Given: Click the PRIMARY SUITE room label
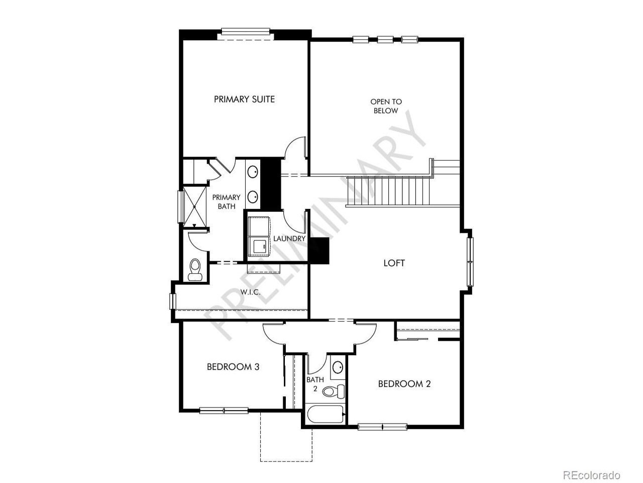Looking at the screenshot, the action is click(244, 99).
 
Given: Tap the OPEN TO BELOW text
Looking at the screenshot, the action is click(386, 106).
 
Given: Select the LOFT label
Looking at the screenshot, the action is click(394, 263).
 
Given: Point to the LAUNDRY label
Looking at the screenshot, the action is click(289, 238).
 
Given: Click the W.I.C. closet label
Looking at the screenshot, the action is click(250, 292).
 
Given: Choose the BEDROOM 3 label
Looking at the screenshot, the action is click(233, 367).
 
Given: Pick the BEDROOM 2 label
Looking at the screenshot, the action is click(404, 384).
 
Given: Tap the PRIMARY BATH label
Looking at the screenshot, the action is click(226, 202).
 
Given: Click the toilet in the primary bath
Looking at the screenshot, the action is click(195, 270).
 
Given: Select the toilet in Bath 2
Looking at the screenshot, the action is click(334, 391).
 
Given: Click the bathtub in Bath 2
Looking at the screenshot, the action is click(326, 414).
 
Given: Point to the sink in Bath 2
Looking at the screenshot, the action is click(338, 367).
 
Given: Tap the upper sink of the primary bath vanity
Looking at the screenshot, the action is click(253, 172).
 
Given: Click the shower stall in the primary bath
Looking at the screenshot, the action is click(195, 207).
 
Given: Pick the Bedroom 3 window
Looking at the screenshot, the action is click(224, 411).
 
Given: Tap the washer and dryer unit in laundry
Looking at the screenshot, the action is click(259, 236).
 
